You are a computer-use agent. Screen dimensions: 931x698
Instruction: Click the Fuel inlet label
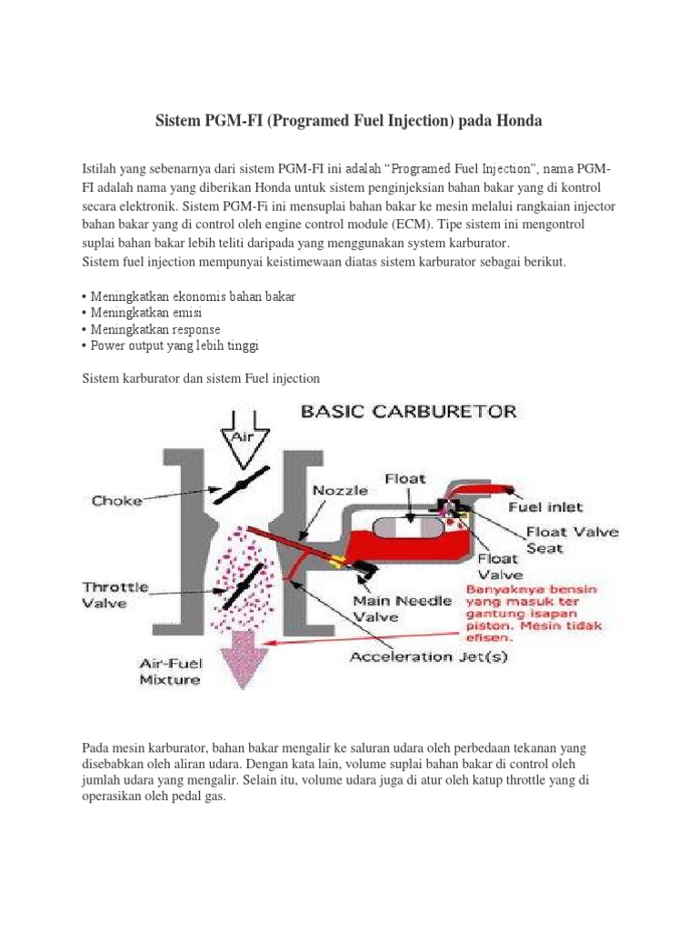pyautogui.click(x=545, y=506)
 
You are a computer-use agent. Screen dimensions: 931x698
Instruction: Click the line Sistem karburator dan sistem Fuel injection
pyautogui.click(x=201, y=377)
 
